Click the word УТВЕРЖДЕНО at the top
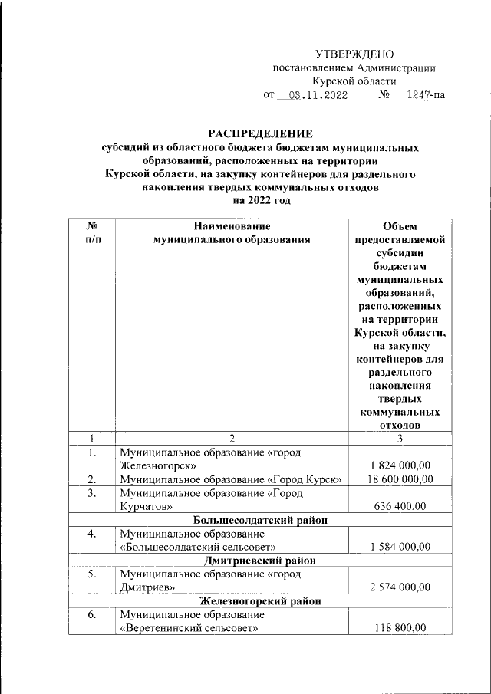tap(354, 54)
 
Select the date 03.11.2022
tap(313, 96)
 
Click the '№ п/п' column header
tap(91, 233)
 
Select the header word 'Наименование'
tap(232, 226)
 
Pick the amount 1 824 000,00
tap(400, 465)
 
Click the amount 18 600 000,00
tap(400, 479)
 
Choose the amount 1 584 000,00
tap(400, 547)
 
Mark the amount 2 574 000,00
tap(400, 587)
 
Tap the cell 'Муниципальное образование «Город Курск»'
tap(230, 479)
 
